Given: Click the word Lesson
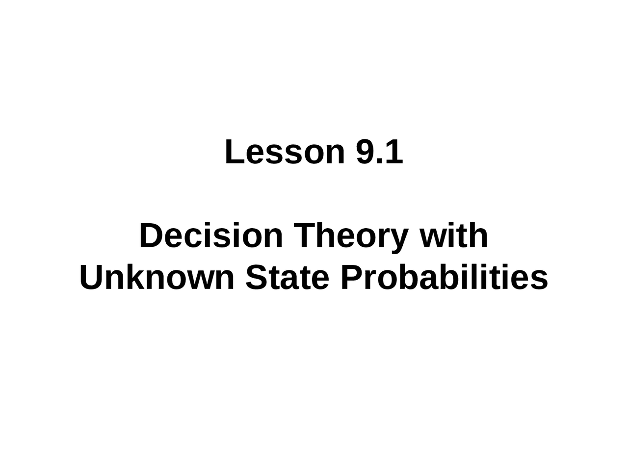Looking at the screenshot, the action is tap(285, 152).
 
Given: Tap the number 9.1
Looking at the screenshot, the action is tap(380, 152).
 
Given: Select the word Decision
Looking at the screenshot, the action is tap(211, 235).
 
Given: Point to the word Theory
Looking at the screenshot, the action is tap(351, 237).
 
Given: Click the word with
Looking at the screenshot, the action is tap(453, 235).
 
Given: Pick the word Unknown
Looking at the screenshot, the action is tap(157, 277).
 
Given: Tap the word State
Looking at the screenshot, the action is tap(287, 277).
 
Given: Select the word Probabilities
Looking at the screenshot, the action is tap(445, 277).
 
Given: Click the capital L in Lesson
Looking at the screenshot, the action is tap(235, 152).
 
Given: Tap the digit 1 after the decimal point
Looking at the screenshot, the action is tap(395, 152).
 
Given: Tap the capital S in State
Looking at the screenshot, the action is tap(256, 277).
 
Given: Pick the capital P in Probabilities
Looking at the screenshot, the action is tap(352, 277).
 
